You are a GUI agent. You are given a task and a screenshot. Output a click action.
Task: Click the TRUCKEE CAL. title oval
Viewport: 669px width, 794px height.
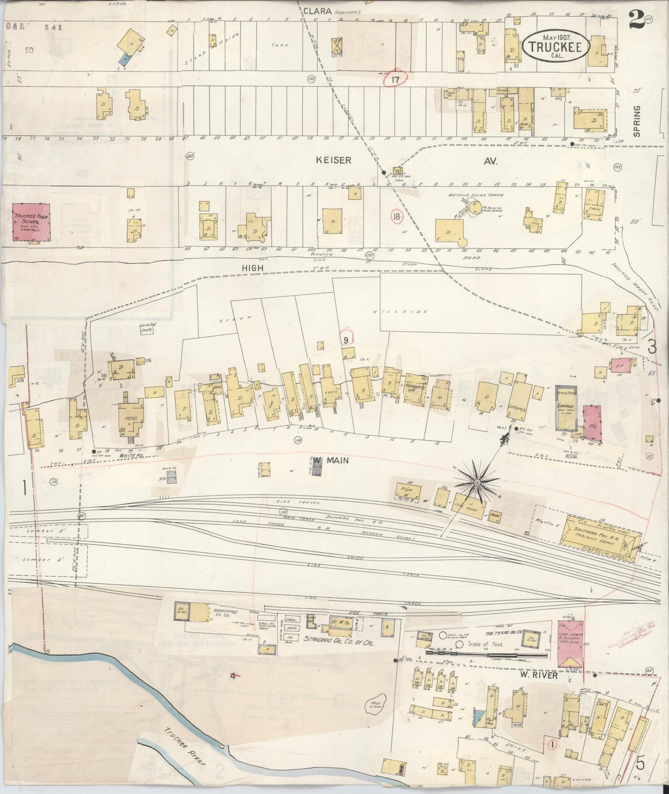coord(556,47)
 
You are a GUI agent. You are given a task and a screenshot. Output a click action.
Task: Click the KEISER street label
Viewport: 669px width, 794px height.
coord(334,160)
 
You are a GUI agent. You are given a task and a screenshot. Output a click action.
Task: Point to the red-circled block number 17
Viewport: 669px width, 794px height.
coord(395,80)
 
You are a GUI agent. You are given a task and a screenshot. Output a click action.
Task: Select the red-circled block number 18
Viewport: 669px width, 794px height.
coord(396,217)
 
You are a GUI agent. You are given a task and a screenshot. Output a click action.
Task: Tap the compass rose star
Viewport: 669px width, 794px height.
coord(476,483)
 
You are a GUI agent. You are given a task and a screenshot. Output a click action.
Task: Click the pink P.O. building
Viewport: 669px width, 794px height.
coord(592,422)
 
